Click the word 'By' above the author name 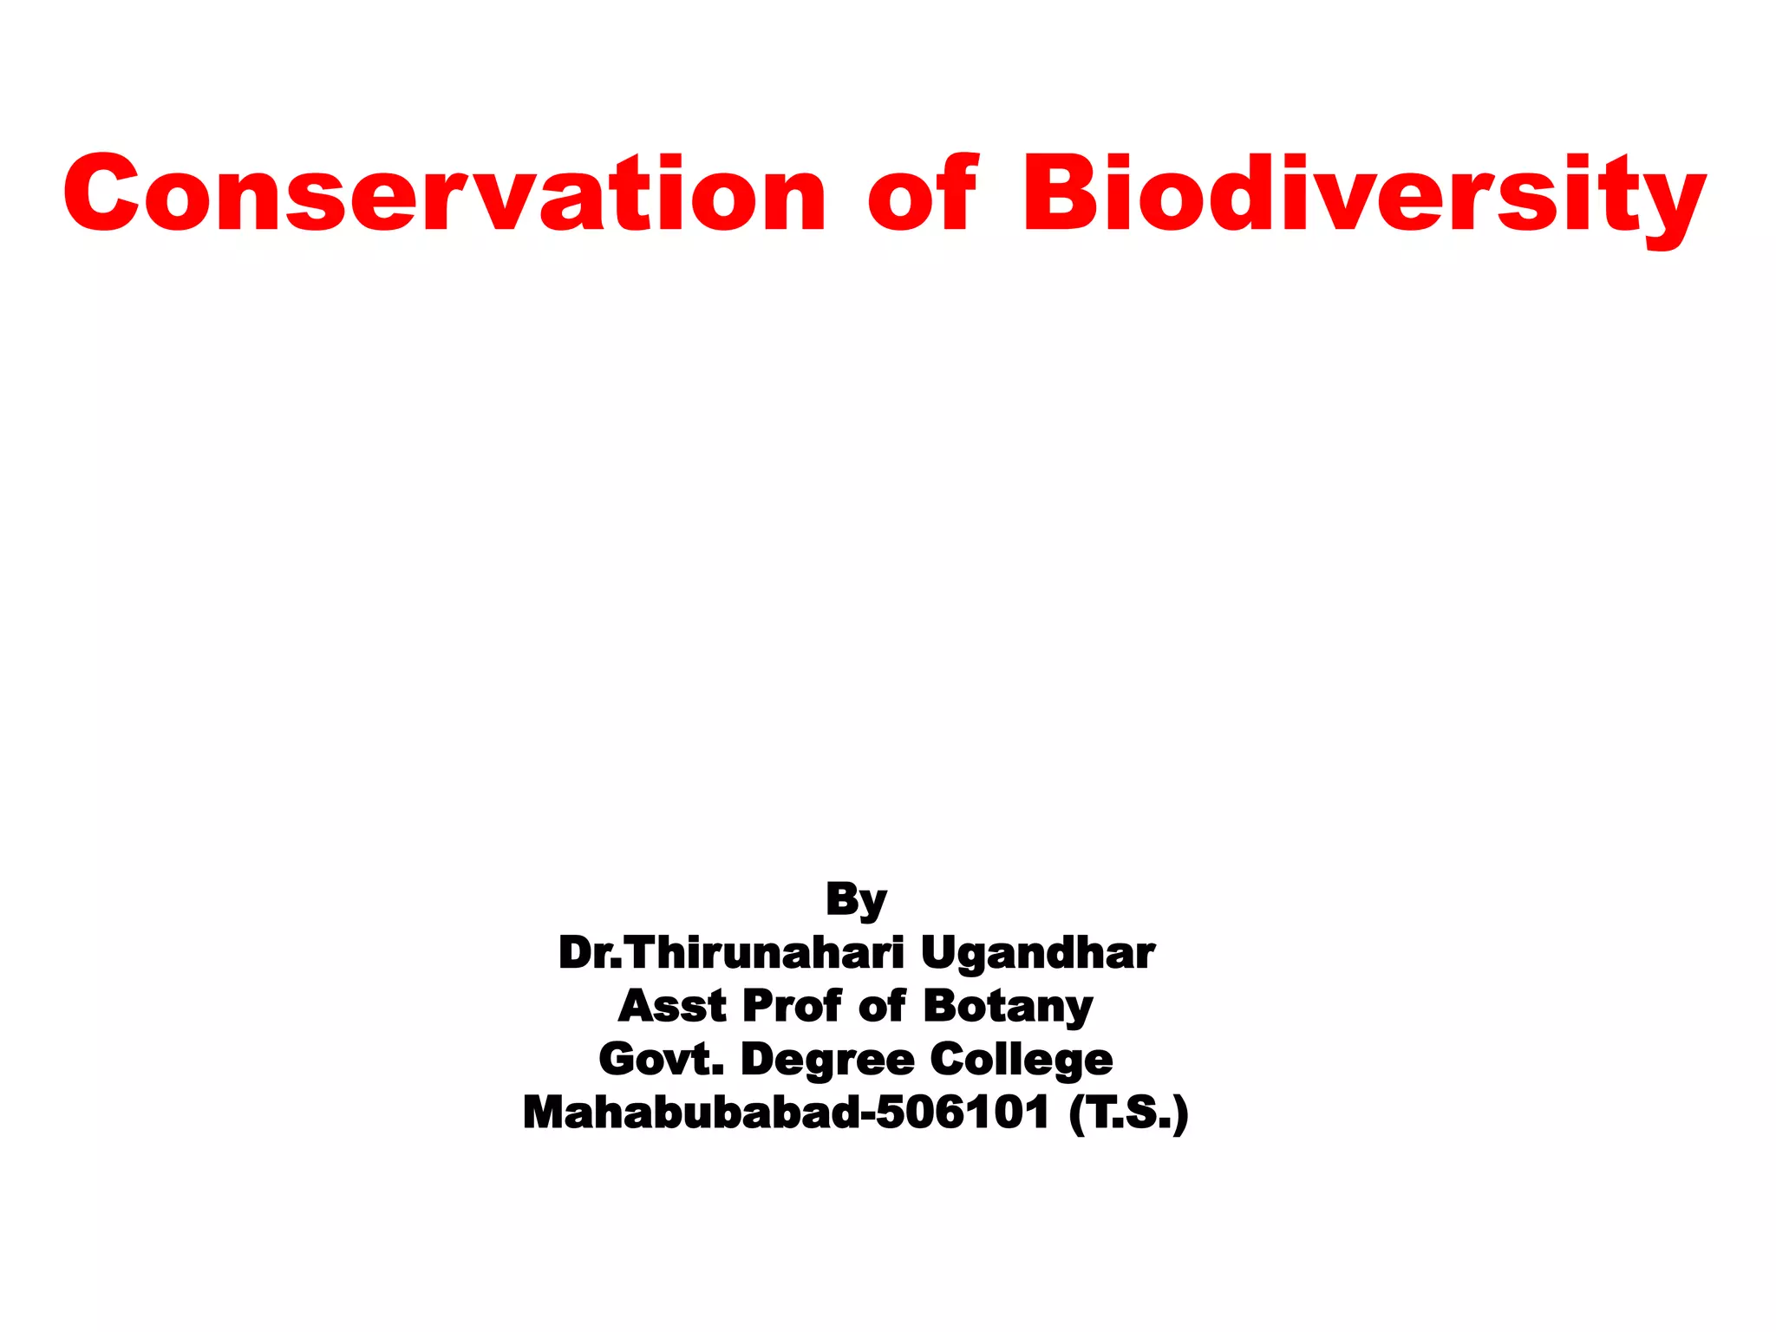point(856,899)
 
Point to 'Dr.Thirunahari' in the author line point(731,953)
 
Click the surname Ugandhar point(1037,955)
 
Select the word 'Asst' point(672,1006)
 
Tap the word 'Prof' point(792,1006)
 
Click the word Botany point(1008,1008)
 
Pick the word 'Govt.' point(661,1060)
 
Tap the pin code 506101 point(963,1113)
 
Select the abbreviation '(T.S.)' point(1128,1113)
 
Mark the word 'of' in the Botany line point(882,1006)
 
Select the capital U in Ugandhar point(940,953)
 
